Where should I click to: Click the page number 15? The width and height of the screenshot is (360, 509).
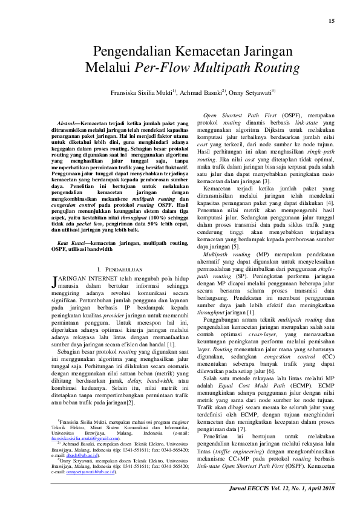point(331,22)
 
